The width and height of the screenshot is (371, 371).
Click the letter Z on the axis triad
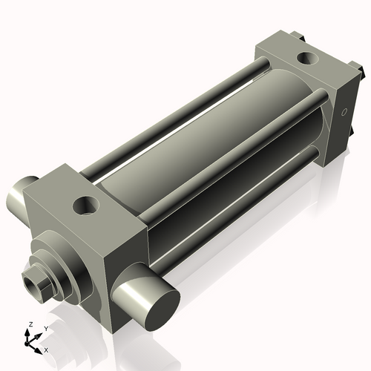(x=29, y=325)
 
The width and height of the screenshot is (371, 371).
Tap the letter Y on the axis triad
(x=46, y=328)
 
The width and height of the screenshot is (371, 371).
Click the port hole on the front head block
(x=88, y=202)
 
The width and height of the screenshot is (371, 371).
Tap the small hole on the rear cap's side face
(x=343, y=113)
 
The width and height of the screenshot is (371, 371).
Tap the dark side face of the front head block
(x=122, y=245)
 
